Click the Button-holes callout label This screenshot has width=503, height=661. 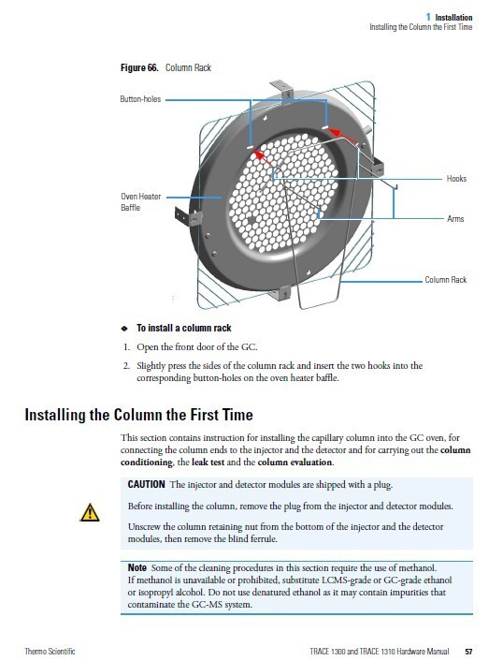click(x=140, y=99)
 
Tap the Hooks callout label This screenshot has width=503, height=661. click(x=456, y=179)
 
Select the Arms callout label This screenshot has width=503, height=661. click(x=455, y=219)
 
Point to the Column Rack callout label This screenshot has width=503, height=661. click(x=445, y=280)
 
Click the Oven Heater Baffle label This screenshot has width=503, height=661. click(x=140, y=202)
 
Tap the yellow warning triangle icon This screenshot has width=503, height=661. click(x=90, y=513)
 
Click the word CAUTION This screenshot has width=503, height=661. click(x=146, y=484)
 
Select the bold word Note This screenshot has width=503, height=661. click(x=137, y=567)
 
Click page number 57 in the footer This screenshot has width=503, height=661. click(x=468, y=652)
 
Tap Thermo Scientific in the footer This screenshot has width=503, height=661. click(x=50, y=652)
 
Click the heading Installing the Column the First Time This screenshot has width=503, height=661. click(x=139, y=415)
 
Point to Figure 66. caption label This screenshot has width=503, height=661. click(x=139, y=67)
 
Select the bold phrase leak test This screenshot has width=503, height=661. click(x=208, y=462)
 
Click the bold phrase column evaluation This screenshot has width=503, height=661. click(x=295, y=462)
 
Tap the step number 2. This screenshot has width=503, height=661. click(x=126, y=365)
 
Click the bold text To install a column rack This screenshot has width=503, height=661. click(x=184, y=328)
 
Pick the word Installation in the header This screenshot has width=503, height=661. click(x=453, y=17)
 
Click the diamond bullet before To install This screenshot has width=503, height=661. click(x=124, y=329)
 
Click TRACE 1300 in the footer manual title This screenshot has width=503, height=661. click(x=328, y=652)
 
